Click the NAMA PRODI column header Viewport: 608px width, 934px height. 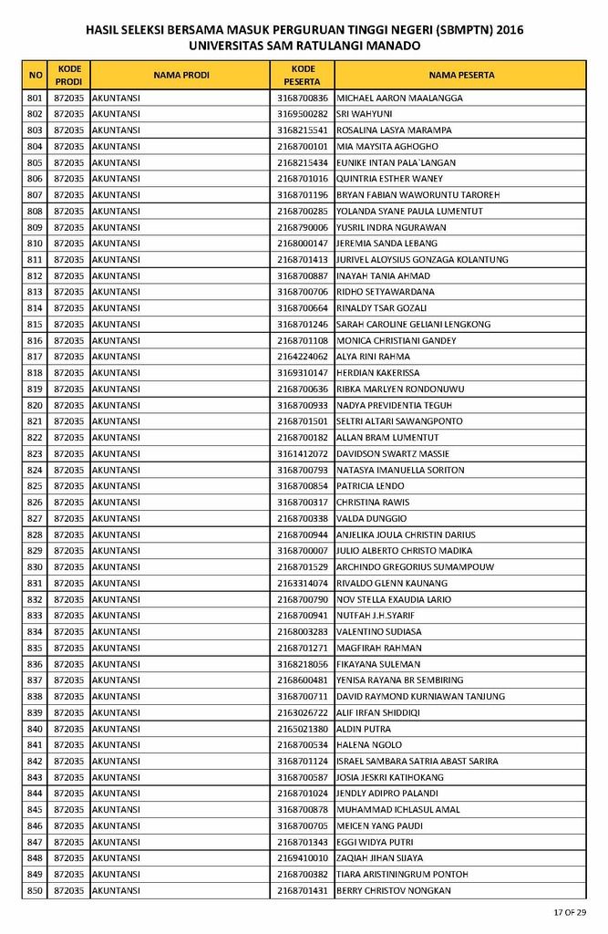click(181, 75)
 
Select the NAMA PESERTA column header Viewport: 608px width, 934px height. click(461, 75)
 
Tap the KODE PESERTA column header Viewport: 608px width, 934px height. click(303, 75)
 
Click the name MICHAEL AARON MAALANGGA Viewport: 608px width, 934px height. click(399, 98)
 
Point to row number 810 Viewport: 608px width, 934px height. click(36, 244)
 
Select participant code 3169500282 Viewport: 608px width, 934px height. click(303, 114)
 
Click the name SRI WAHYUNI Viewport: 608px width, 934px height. click(365, 114)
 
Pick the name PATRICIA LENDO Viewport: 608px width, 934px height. click(370, 486)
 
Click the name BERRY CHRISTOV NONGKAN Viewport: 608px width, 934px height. click(394, 890)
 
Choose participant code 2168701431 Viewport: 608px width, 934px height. click(303, 890)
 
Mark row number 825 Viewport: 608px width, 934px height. click(36, 486)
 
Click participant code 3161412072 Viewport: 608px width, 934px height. click(303, 454)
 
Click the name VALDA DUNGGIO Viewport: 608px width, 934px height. click(371, 518)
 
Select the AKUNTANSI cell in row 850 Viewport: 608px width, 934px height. click(117, 890)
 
